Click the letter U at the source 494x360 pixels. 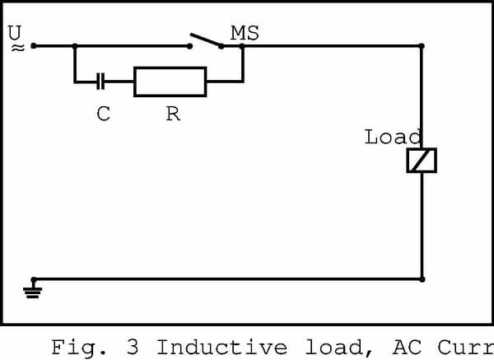(15, 33)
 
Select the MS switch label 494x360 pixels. (245, 33)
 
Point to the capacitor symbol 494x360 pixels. (100, 81)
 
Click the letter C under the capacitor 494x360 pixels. (103, 115)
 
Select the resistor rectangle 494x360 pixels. (170, 82)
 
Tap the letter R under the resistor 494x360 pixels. (172, 115)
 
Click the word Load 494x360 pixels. (393, 137)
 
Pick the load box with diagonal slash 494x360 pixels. (422, 161)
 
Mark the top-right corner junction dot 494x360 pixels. (422, 46)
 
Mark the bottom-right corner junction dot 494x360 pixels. (422, 279)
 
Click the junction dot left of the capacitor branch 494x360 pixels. (75, 46)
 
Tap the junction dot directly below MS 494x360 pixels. (243, 46)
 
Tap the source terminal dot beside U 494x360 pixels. (34, 46)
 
